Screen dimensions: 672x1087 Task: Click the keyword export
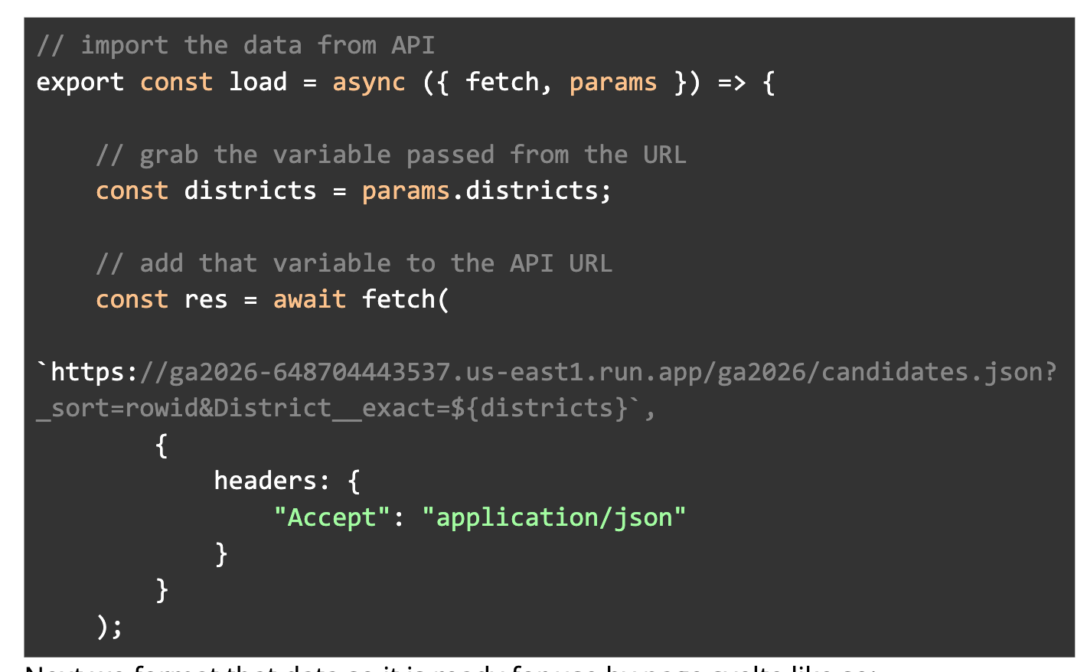click(80, 82)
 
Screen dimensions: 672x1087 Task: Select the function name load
click(258, 82)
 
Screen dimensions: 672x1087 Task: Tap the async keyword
click(368, 82)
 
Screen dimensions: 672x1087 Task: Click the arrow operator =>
click(731, 82)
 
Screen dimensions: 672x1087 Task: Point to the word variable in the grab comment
click(331, 155)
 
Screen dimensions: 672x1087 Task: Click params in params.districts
click(406, 191)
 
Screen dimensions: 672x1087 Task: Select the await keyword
click(309, 299)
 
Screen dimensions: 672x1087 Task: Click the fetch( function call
click(405, 299)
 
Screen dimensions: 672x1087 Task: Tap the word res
click(206, 299)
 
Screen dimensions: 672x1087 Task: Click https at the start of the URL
click(87, 372)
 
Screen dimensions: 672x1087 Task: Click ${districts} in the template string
click(539, 408)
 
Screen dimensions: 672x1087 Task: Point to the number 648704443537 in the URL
click(361, 372)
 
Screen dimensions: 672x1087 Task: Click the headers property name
click(265, 481)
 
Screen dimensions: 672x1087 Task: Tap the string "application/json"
click(553, 517)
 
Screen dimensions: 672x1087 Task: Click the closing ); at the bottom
click(109, 627)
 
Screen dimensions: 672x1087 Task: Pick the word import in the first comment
click(124, 45)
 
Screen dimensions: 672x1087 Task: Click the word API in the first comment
click(413, 45)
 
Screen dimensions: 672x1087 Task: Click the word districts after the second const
click(250, 191)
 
